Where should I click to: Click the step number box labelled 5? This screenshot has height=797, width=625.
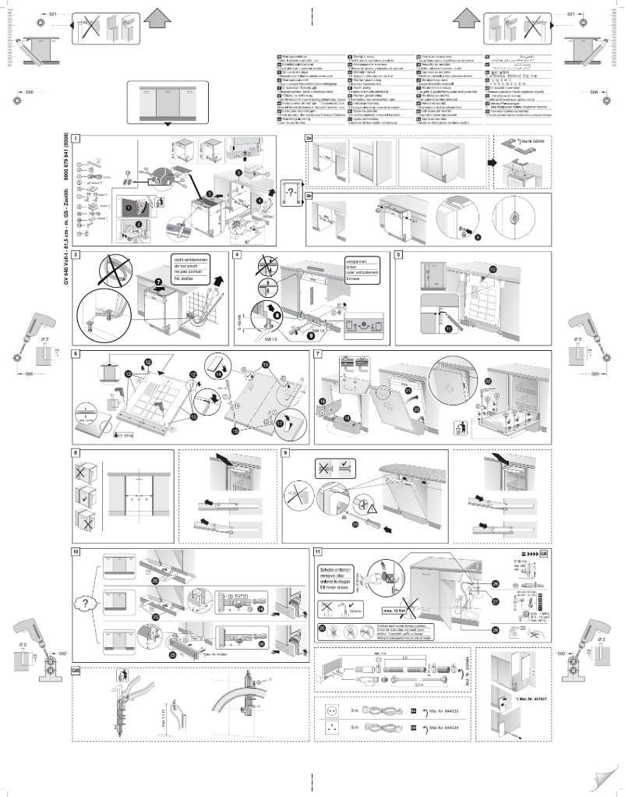pyautogui.click(x=399, y=255)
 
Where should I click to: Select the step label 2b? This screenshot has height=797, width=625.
pyautogui.click(x=309, y=196)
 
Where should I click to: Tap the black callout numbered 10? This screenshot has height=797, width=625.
pyautogui.click(x=493, y=269)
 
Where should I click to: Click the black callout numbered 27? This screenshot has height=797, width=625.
pyautogui.click(x=496, y=601)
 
